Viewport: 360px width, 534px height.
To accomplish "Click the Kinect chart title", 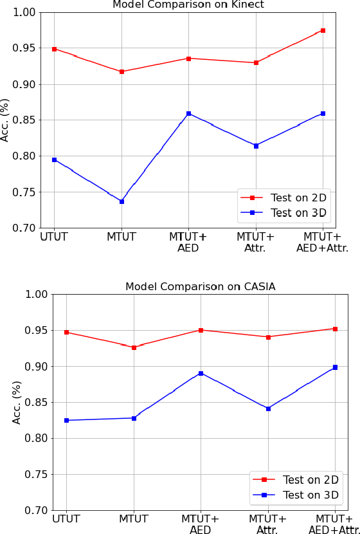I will (188, 5).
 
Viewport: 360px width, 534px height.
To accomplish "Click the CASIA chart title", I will (200, 287).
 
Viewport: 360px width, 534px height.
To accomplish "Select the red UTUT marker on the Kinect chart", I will (54, 49).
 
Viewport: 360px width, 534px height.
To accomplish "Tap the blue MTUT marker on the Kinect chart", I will (122, 201).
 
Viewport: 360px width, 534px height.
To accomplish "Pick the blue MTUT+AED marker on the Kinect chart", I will (188, 113).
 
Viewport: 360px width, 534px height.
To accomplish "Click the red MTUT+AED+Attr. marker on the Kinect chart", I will (323, 30).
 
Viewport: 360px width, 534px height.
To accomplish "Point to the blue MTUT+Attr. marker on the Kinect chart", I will (256, 146).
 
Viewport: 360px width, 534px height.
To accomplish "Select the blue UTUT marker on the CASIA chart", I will (66, 420).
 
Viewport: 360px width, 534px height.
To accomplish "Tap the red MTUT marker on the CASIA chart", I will (134, 347).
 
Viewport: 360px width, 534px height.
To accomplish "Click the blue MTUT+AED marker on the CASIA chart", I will (201, 373).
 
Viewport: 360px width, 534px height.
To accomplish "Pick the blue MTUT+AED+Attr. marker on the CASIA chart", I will (335, 367).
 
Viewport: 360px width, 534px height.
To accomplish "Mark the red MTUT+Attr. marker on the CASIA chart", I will (268, 336).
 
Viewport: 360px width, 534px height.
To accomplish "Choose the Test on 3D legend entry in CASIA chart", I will (310, 495).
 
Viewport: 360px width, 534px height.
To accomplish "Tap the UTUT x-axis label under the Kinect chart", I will (54, 237).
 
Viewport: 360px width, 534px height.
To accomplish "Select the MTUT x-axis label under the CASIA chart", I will (134, 519).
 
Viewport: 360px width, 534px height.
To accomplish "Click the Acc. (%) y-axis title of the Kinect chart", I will (6, 120).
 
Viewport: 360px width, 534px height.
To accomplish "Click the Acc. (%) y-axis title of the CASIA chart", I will (17, 402).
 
